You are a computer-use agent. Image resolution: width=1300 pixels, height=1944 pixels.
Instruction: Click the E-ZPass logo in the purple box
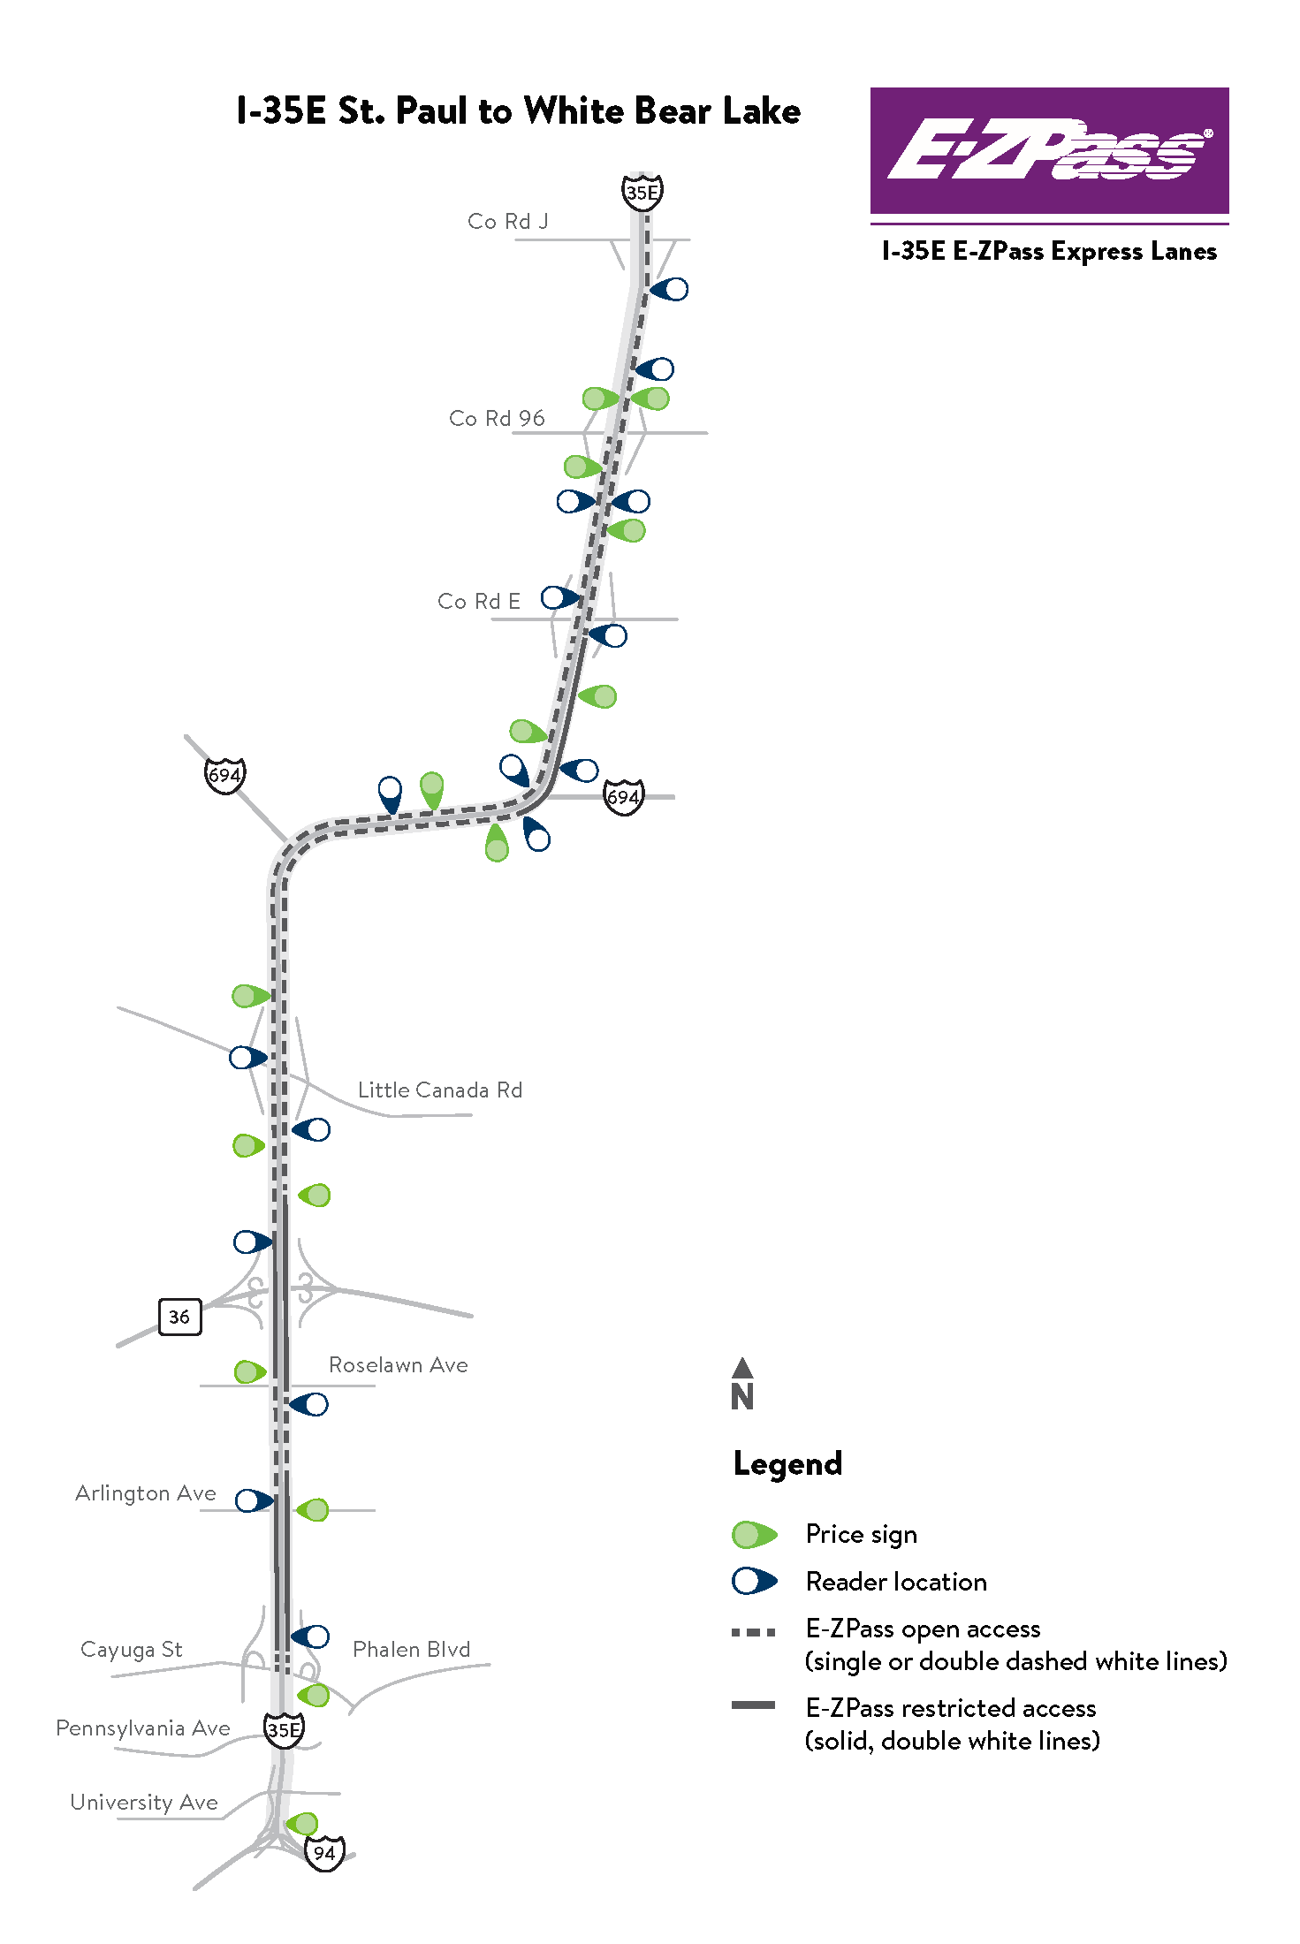click(x=1049, y=149)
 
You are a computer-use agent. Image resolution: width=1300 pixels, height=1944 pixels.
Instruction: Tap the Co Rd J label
click(x=507, y=222)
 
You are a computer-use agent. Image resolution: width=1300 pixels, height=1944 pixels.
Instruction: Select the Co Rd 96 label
click(x=497, y=419)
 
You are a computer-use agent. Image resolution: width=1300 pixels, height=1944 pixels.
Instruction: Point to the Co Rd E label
click(x=479, y=602)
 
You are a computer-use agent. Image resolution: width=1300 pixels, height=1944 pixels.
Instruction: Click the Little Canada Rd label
click(x=439, y=1090)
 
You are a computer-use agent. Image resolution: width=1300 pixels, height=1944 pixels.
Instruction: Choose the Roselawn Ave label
click(x=398, y=1365)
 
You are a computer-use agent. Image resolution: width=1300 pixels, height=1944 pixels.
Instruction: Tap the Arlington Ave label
click(x=146, y=1493)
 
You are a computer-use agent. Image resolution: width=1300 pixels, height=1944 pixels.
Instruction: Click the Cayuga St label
click(x=131, y=1650)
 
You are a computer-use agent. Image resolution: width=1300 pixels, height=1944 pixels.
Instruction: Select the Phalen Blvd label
click(x=411, y=1650)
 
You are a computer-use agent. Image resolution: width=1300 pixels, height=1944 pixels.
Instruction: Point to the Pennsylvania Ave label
click(x=143, y=1728)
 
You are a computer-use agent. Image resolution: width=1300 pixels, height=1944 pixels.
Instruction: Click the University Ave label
click(x=144, y=1803)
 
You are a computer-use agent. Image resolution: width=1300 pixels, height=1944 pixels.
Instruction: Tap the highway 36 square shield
click(x=179, y=1317)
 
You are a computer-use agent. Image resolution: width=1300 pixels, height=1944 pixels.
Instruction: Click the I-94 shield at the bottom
click(x=324, y=1853)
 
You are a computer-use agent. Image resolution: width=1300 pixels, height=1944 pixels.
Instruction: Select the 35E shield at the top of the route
click(x=642, y=192)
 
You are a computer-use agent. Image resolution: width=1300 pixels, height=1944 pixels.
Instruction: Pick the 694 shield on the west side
click(x=224, y=775)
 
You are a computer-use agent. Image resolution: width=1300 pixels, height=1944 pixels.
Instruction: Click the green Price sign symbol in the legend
click(x=753, y=1535)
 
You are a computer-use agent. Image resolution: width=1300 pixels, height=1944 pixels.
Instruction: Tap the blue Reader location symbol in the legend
click(x=753, y=1582)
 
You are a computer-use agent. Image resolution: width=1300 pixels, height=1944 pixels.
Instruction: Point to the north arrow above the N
click(x=742, y=1368)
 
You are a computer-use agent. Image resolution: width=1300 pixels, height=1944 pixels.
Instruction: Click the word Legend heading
click(x=787, y=1464)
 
